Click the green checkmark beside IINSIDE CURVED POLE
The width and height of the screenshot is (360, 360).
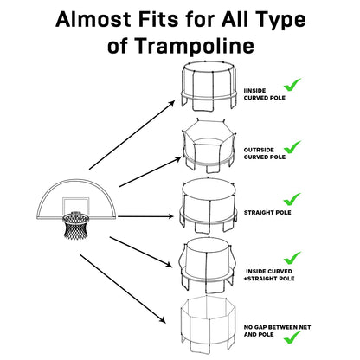click(292, 85)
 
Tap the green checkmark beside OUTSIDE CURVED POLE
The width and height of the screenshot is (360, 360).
click(292, 147)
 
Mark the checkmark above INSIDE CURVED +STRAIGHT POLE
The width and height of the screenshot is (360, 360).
click(292, 257)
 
